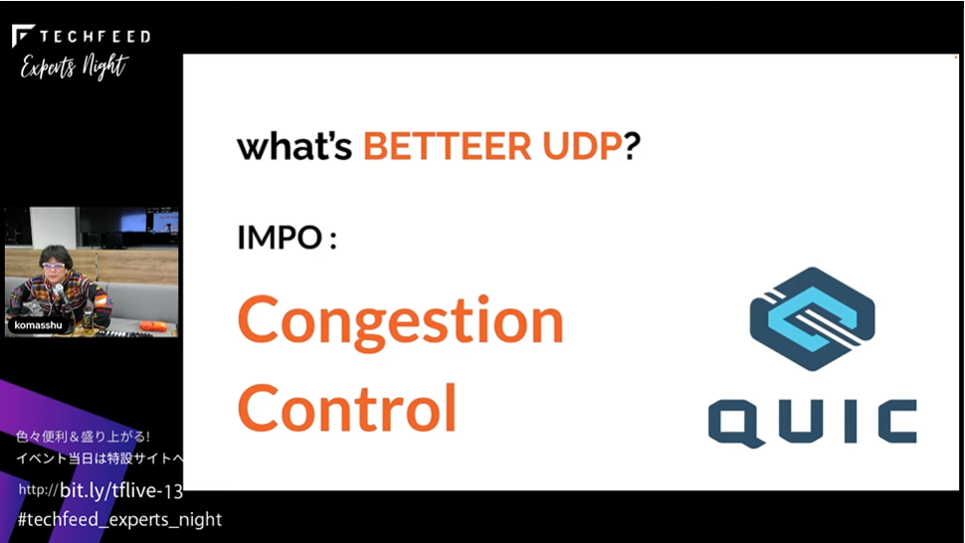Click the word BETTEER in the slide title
(447, 146)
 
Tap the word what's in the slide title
(294, 146)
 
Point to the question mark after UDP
(632, 146)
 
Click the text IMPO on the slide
(280, 237)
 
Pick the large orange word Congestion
(401, 321)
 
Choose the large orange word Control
(347, 408)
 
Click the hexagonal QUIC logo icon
(812, 318)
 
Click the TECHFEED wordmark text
(95, 36)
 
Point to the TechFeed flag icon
(23, 35)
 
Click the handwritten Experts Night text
(75, 67)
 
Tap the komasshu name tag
(38, 325)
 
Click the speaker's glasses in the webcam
(54, 266)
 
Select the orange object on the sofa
(154, 325)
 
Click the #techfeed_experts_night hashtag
(119, 520)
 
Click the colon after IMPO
(333, 239)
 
